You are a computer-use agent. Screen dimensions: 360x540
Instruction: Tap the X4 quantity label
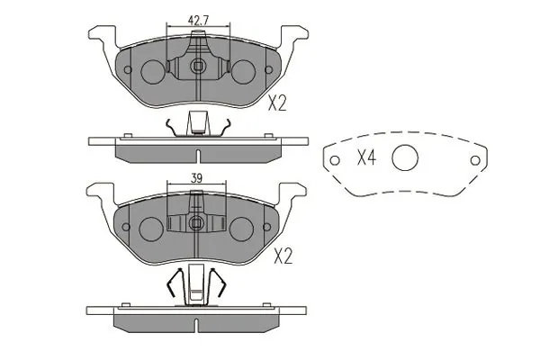pyautogui.click(x=366, y=159)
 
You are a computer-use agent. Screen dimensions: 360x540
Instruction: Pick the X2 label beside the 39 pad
pyautogui.click(x=283, y=257)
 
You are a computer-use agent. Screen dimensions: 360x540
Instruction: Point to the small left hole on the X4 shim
pyautogui.click(x=335, y=162)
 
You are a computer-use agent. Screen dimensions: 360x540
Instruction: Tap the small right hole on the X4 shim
pyautogui.click(x=474, y=159)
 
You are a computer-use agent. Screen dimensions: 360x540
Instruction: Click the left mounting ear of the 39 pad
pyautogui.click(x=100, y=191)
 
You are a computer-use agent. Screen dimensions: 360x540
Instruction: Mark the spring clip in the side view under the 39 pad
pyautogui.click(x=195, y=286)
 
